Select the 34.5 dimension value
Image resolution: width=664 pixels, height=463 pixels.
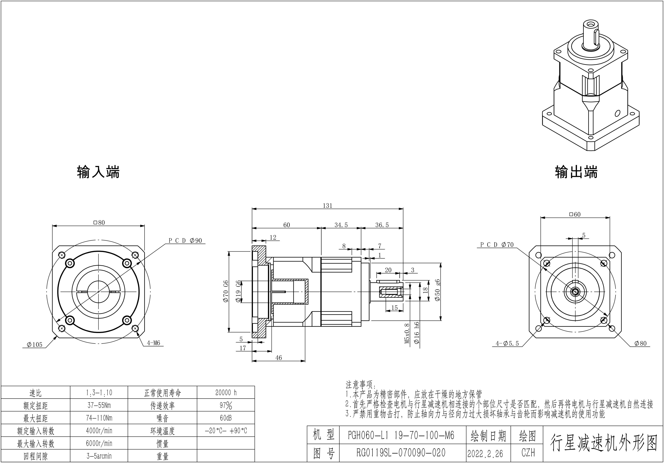click(341, 225)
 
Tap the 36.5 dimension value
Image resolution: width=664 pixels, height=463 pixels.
click(382, 225)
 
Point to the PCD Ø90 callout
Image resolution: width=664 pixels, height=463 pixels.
click(185, 241)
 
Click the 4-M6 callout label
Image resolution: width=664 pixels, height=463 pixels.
click(153, 343)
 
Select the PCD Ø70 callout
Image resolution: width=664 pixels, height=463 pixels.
click(497, 245)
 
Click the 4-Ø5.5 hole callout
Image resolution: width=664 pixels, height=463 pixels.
click(507, 344)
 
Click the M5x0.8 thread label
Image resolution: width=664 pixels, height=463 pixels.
click(407, 333)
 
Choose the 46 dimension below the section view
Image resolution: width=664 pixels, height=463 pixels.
click(278, 358)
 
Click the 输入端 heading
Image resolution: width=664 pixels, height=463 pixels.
click(98, 172)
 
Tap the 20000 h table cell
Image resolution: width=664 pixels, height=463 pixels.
click(226, 393)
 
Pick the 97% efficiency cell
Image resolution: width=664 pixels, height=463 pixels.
click(226, 405)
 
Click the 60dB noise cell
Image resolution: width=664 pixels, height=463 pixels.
click(226, 418)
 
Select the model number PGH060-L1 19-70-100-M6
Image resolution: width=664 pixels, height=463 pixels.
click(401, 435)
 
